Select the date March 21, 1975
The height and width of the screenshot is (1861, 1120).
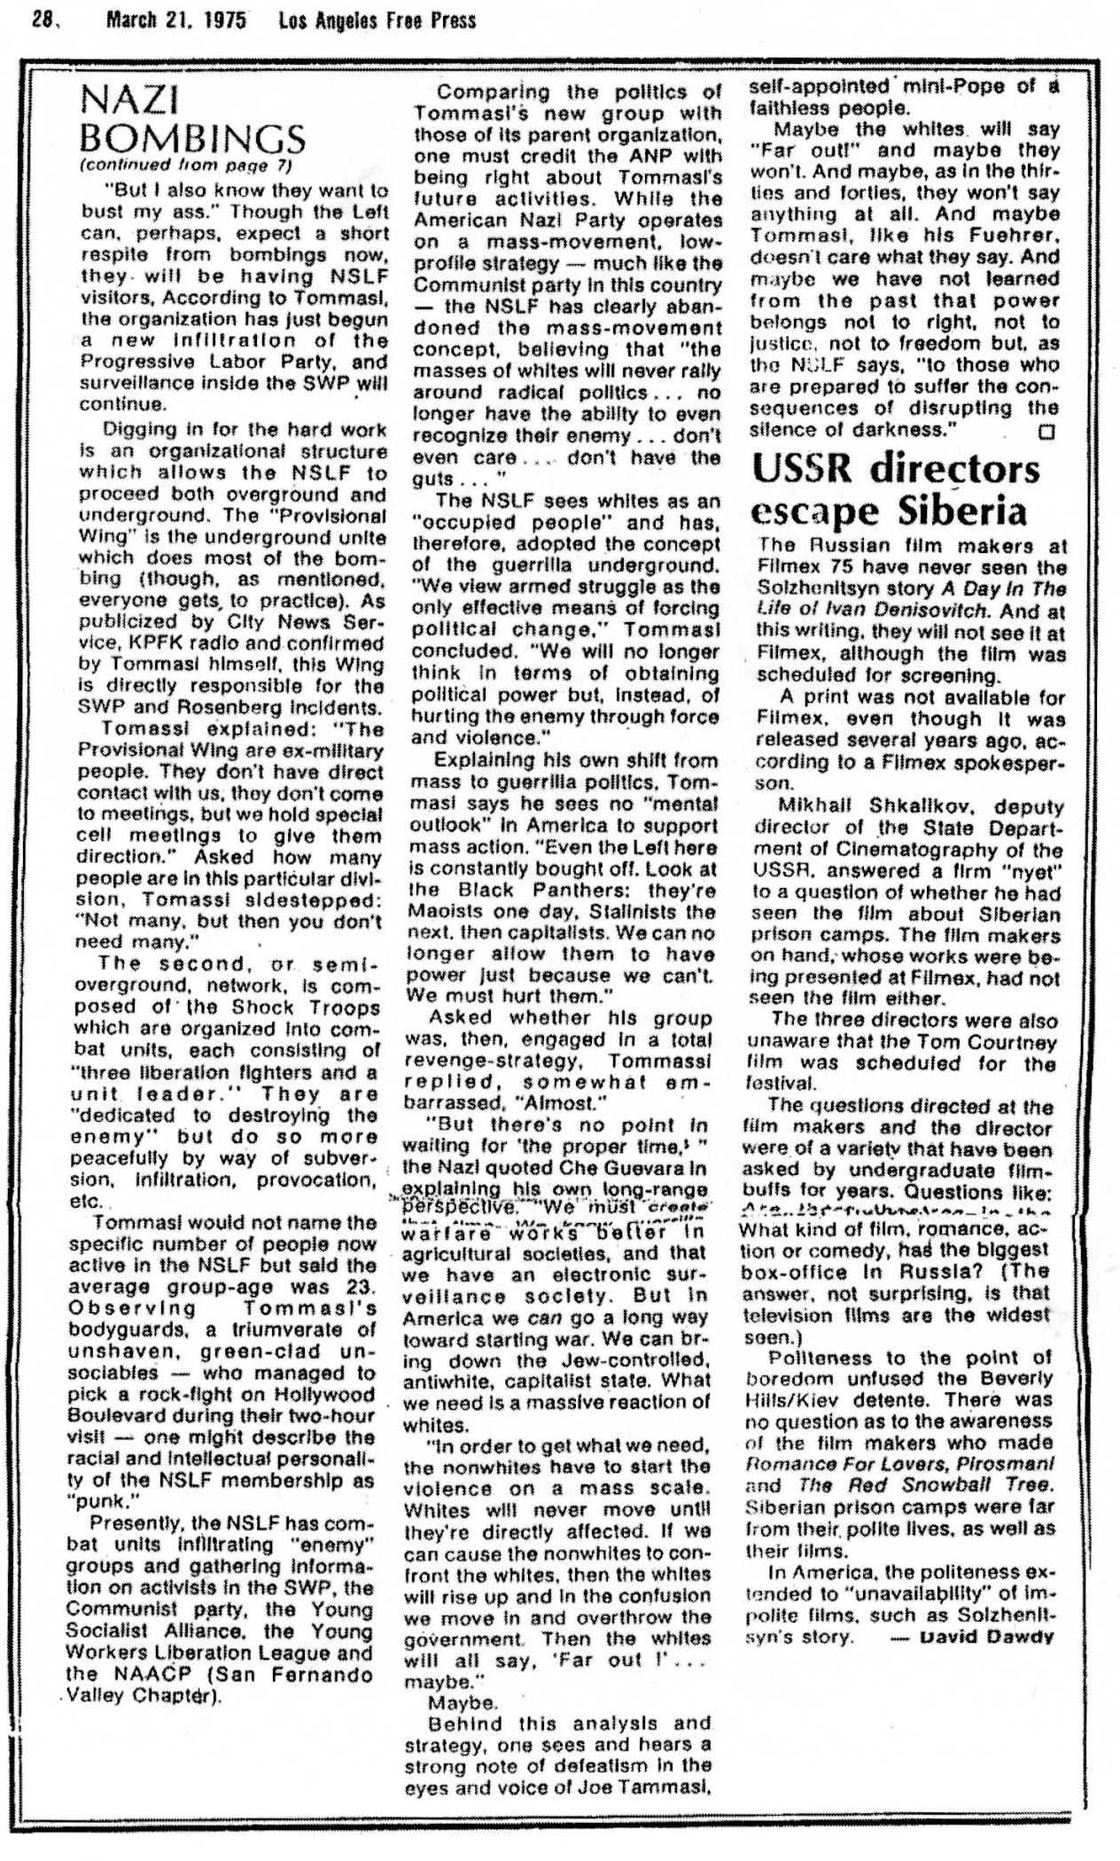(175, 19)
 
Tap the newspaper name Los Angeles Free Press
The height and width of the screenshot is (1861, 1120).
(377, 19)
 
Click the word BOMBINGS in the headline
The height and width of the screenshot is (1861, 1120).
(193, 139)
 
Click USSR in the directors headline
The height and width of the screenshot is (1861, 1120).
(806, 469)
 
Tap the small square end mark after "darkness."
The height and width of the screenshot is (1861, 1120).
(1048, 432)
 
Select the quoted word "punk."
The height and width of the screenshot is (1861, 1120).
(104, 1501)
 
